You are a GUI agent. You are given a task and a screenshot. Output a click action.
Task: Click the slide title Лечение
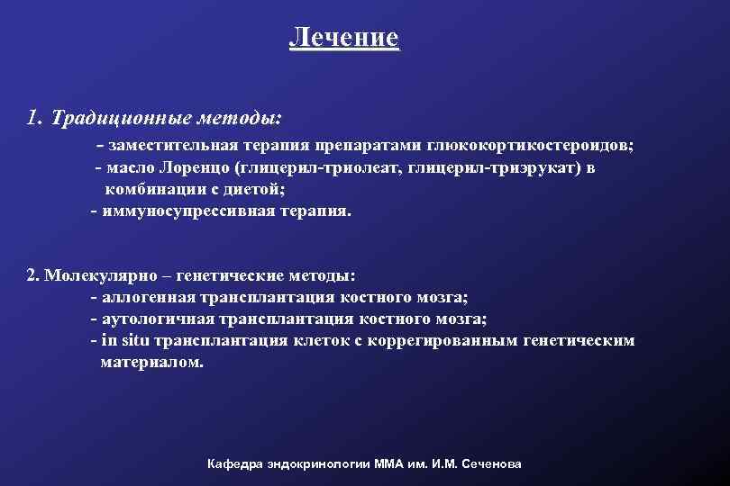click(x=343, y=38)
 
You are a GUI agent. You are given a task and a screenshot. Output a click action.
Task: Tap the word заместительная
click(x=166, y=147)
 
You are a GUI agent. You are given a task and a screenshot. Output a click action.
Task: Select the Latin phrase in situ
click(x=126, y=341)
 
